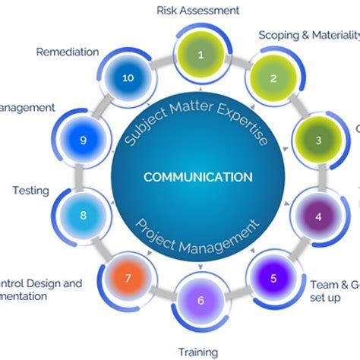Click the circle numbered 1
pyautogui.click(x=201, y=55)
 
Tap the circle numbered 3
pyautogui.click(x=318, y=141)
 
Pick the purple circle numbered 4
pyautogui.click(x=318, y=215)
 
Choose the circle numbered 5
pyautogui.click(x=273, y=278)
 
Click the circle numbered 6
pyautogui.click(x=201, y=300)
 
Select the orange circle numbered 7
pyautogui.click(x=128, y=276)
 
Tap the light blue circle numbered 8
pyautogui.click(x=84, y=215)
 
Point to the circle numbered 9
pyautogui.click(x=84, y=141)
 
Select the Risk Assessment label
pyautogui.click(x=198, y=11)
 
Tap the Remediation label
pyautogui.click(x=67, y=52)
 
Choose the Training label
pyautogui.click(x=197, y=352)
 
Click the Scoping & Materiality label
pyautogui.click(x=308, y=35)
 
